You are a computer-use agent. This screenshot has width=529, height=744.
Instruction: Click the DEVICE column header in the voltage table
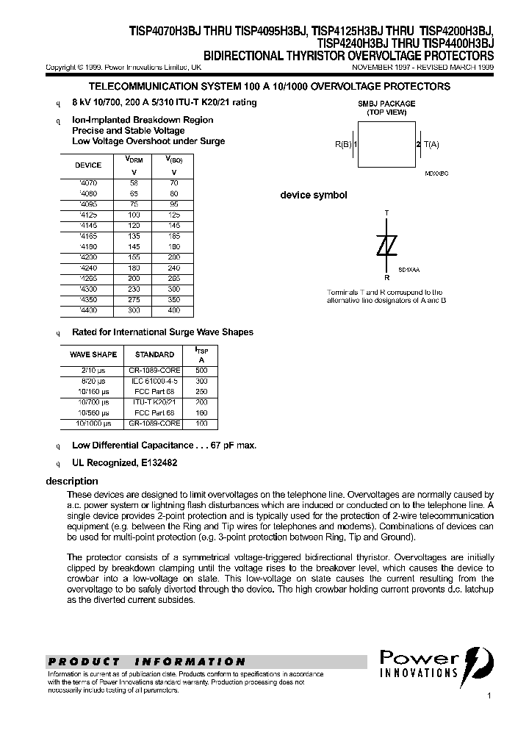[88, 165]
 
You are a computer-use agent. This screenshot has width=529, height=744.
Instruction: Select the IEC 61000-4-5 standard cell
[155, 382]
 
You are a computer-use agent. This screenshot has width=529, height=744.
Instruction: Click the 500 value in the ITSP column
[202, 371]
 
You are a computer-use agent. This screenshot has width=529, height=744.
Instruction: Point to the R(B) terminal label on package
[345, 145]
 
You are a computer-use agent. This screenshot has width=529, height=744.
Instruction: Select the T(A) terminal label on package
[431, 145]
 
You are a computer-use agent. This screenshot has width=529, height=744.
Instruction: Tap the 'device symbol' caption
[314, 195]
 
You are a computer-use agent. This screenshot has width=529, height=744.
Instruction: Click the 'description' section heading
[72, 482]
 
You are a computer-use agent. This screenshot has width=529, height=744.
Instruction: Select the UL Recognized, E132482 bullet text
[124, 463]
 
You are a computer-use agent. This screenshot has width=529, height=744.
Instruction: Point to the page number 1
[489, 695]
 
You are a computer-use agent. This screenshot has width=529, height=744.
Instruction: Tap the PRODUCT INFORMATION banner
[147, 662]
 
